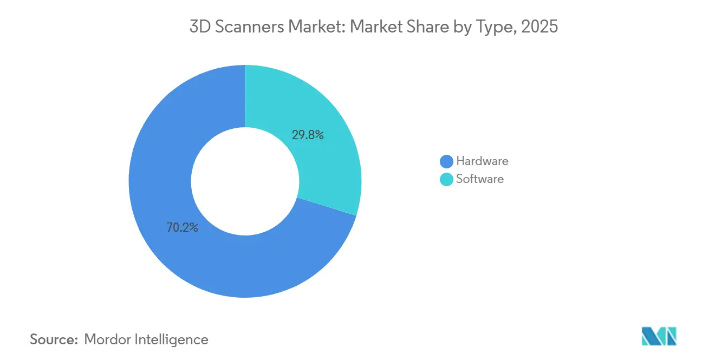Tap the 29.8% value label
pyautogui.click(x=308, y=135)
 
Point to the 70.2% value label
pyautogui.click(x=182, y=228)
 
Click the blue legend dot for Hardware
pyautogui.click(x=446, y=161)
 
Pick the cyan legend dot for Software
pyautogui.click(x=446, y=179)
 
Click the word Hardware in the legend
pyautogui.click(x=482, y=161)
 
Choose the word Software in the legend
pyautogui.click(x=480, y=179)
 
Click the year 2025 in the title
pyautogui.click(x=539, y=27)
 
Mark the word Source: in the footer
pyautogui.click(x=54, y=340)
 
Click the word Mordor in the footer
pyautogui.click(x=107, y=340)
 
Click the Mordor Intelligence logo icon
pyautogui.click(x=659, y=336)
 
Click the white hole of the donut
pyautogui.click(x=245, y=181)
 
